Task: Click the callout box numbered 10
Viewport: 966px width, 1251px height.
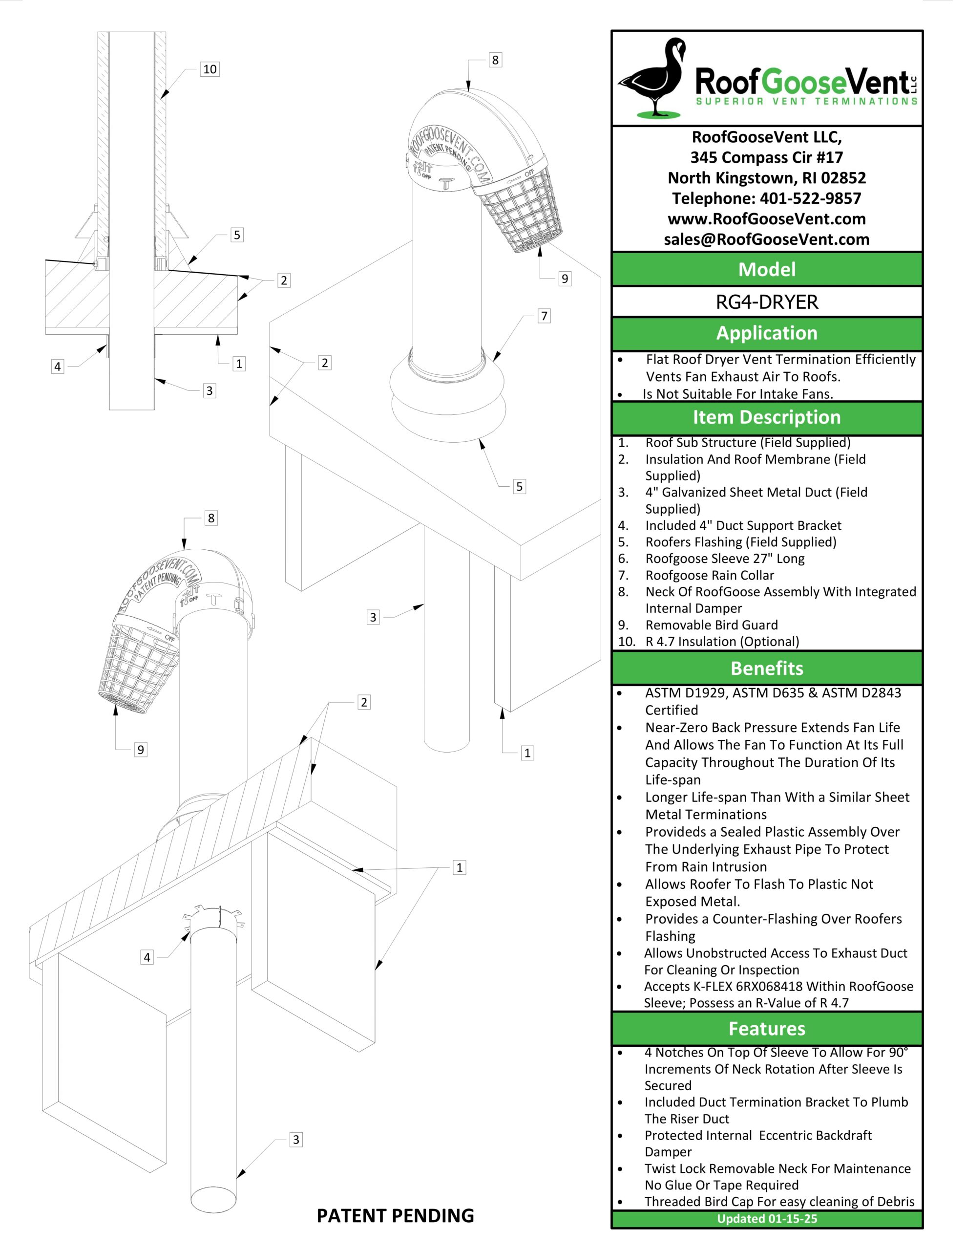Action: pos(210,69)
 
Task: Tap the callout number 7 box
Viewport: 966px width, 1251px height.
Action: pos(544,316)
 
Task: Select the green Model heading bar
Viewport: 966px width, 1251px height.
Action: pos(766,269)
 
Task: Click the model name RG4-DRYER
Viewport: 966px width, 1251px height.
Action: pos(766,302)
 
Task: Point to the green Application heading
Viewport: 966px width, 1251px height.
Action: pos(766,333)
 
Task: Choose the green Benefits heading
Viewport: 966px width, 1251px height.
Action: pos(766,669)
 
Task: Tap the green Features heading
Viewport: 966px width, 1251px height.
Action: pos(766,1029)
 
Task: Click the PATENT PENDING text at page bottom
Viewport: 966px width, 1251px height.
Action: pos(395,1215)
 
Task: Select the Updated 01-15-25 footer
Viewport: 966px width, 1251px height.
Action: pos(766,1218)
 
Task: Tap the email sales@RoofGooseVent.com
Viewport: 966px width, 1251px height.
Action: pos(766,239)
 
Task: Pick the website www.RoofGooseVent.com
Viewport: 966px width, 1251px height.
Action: pos(766,219)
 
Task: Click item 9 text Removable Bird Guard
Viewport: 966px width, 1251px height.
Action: pos(711,625)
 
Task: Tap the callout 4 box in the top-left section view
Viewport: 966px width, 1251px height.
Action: pos(57,367)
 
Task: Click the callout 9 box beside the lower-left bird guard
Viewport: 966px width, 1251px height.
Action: pos(140,749)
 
